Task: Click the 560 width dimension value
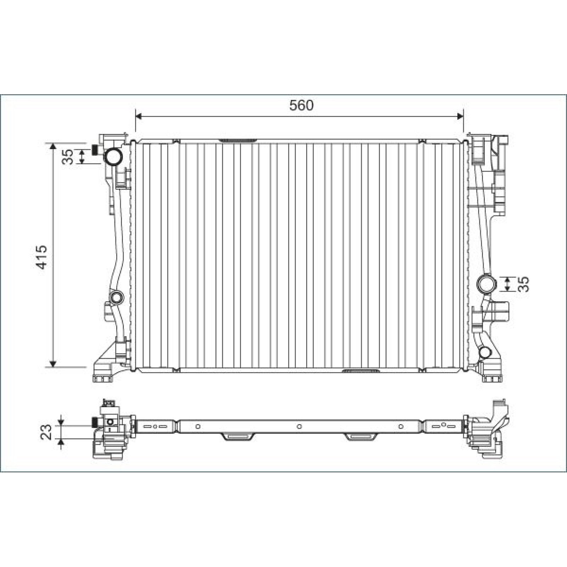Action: coord(302,105)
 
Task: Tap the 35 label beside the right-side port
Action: coord(525,284)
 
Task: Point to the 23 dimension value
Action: coord(47,432)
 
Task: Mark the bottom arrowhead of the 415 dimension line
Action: coord(53,364)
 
